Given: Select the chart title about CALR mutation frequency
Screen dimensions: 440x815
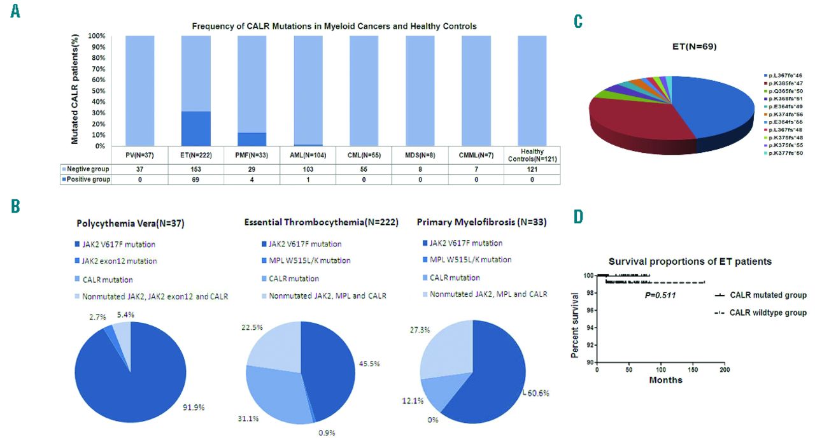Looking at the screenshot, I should tap(334, 26).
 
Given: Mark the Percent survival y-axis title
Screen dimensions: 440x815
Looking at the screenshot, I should tap(576, 325).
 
